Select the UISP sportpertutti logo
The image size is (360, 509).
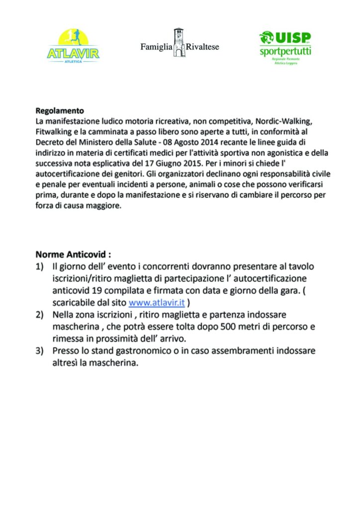point(285,47)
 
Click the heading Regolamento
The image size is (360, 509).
point(60,111)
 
